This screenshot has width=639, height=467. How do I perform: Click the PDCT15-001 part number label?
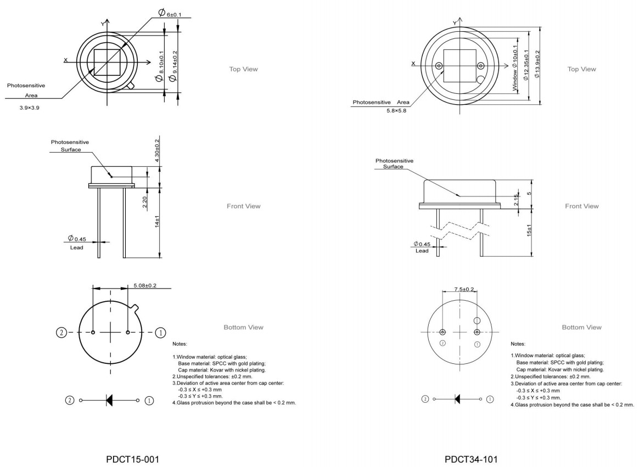(132, 459)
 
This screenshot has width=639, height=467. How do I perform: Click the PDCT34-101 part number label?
(471, 459)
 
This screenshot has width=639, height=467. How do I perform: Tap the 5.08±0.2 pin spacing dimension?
(145, 285)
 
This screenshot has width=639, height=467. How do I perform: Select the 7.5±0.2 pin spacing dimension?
(464, 289)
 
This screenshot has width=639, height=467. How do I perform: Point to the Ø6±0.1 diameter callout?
(170, 13)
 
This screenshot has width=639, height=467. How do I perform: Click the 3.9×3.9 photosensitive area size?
(29, 108)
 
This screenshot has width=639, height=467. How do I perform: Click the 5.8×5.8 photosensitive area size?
(396, 110)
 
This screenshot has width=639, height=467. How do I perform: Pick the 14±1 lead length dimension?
(157, 221)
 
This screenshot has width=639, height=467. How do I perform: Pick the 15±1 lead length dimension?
(529, 230)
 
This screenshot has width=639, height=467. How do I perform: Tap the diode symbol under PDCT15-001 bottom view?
(109, 400)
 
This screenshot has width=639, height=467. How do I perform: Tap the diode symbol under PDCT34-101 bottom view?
(457, 399)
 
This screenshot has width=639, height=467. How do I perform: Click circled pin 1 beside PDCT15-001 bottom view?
(160, 333)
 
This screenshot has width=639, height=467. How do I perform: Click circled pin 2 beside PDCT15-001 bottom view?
(61, 333)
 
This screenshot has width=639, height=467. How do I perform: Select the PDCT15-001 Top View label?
(243, 69)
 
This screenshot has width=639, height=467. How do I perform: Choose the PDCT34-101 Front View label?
(581, 206)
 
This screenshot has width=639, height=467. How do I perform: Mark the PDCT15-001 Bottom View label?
(243, 327)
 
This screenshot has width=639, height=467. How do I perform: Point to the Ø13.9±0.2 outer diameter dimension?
(537, 64)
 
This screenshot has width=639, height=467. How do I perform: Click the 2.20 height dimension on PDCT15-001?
(145, 202)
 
